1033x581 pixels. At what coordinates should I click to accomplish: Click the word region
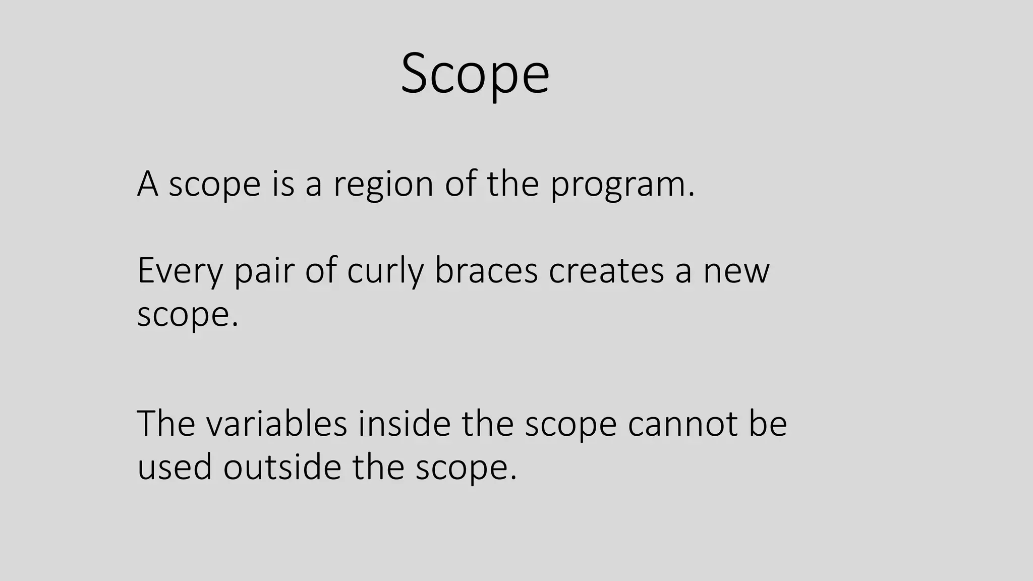tap(383, 184)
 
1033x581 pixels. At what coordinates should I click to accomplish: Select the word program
tap(618, 185)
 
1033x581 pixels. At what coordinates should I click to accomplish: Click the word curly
tap(385, 272)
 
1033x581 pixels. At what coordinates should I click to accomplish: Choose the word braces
tap(486, 271)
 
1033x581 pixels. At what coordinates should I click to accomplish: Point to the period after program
tap(691, 195)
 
